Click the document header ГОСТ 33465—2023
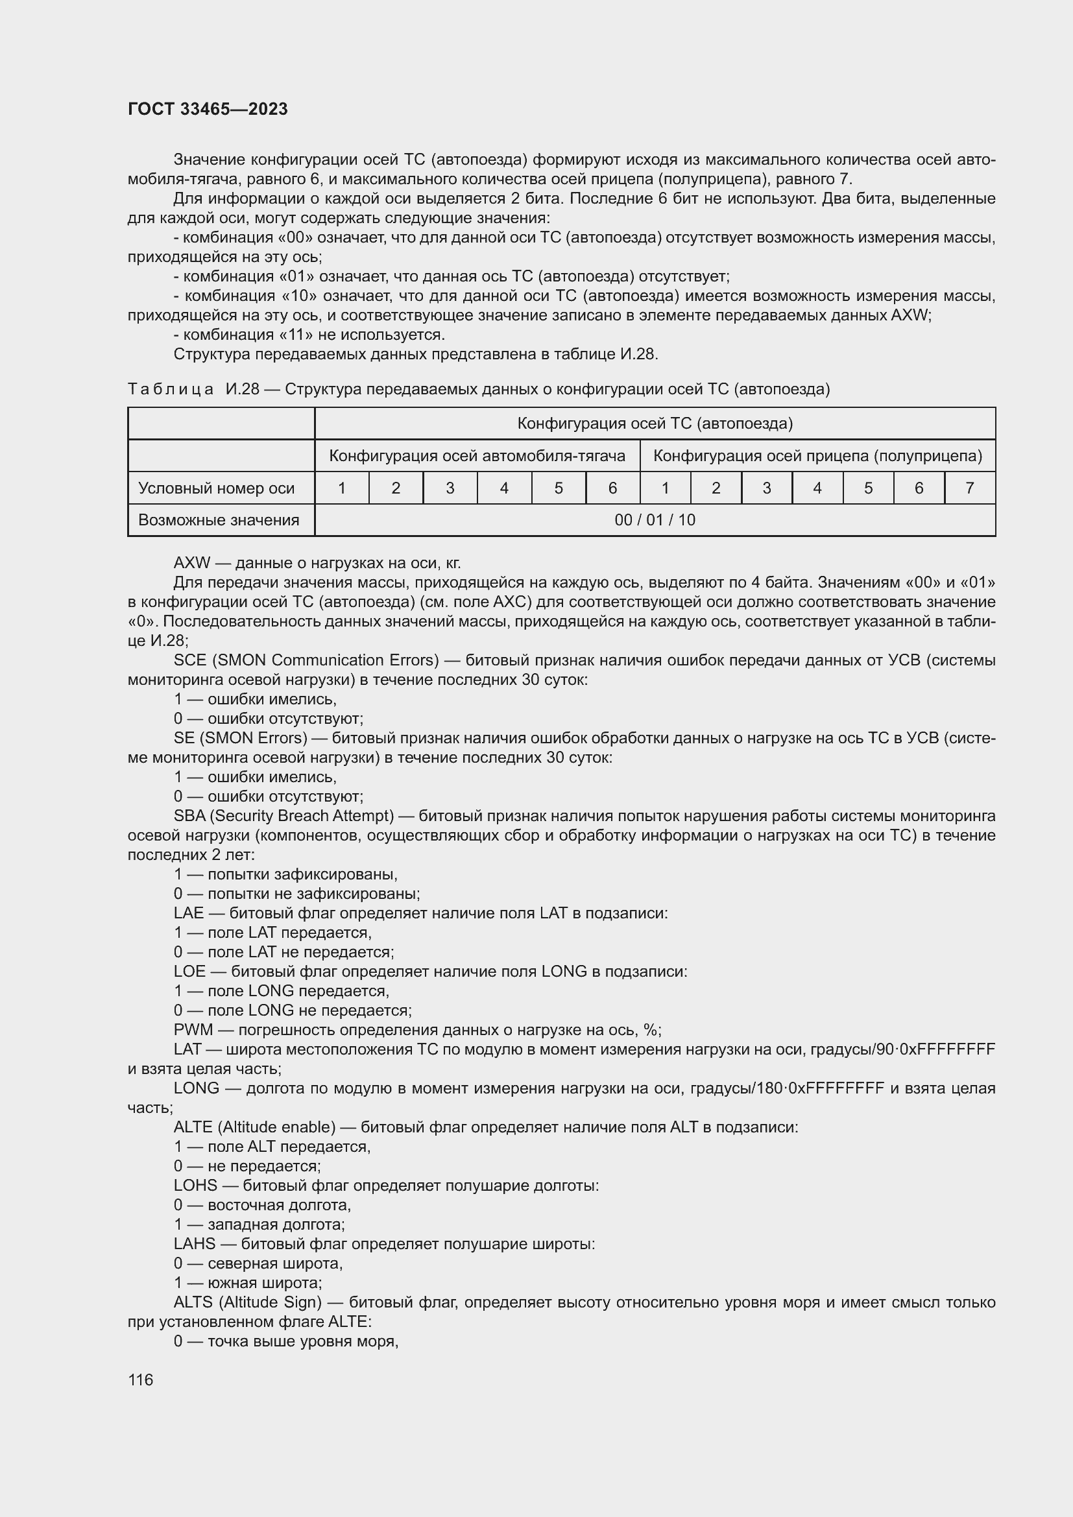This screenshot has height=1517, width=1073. [x=208, y=109]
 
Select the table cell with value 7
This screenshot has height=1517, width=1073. [x=969, y=488]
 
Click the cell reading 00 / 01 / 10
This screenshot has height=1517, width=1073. [x=654, y=520]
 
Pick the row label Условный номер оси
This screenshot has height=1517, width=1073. [x=216, y=488]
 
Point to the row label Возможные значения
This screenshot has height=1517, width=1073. [x=218, y=520]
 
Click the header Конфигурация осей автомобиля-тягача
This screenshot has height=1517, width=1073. [x=477, y=456]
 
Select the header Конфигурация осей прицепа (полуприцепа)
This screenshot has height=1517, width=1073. [x=817, y=456]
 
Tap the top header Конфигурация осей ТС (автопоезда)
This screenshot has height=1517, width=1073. [x=654, y=424]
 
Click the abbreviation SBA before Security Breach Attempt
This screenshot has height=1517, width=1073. [x=189, y=816]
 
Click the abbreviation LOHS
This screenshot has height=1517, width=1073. [x=195, y=1186]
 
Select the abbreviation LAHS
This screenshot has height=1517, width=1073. [x=194, y=1243]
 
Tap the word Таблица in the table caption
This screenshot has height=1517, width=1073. [x=171, y=389]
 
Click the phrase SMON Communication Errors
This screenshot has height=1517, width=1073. [x=328, y=660]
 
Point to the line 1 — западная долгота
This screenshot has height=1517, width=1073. [x=259, y=1224]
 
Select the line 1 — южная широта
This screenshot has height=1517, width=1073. [x=248, y=1282]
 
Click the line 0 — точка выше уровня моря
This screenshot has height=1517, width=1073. [x=285, y=1341]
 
